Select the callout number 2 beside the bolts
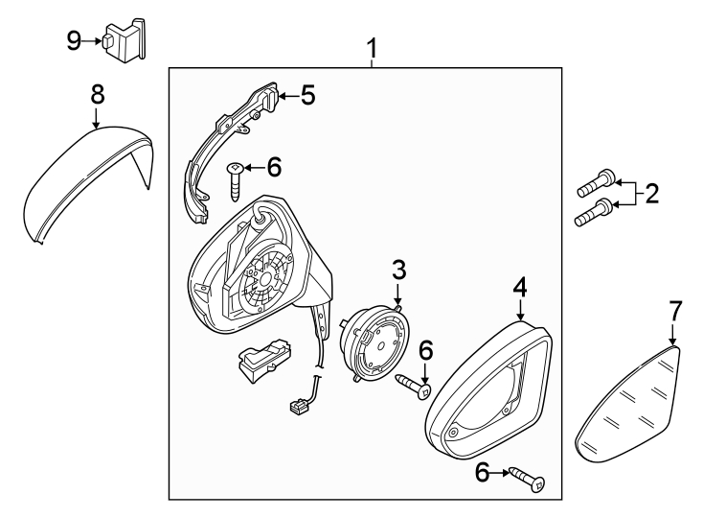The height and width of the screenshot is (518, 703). pos(651,194)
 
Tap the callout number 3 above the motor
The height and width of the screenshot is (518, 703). pos(398,271)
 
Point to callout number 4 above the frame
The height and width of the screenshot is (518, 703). pos(520,287)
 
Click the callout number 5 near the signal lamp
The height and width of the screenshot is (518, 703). pos(307,95)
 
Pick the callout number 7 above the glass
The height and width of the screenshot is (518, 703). pos(675,311)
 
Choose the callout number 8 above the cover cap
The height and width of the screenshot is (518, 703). pos(97,94)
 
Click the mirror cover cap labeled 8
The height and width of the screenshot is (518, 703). pos(86,187)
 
